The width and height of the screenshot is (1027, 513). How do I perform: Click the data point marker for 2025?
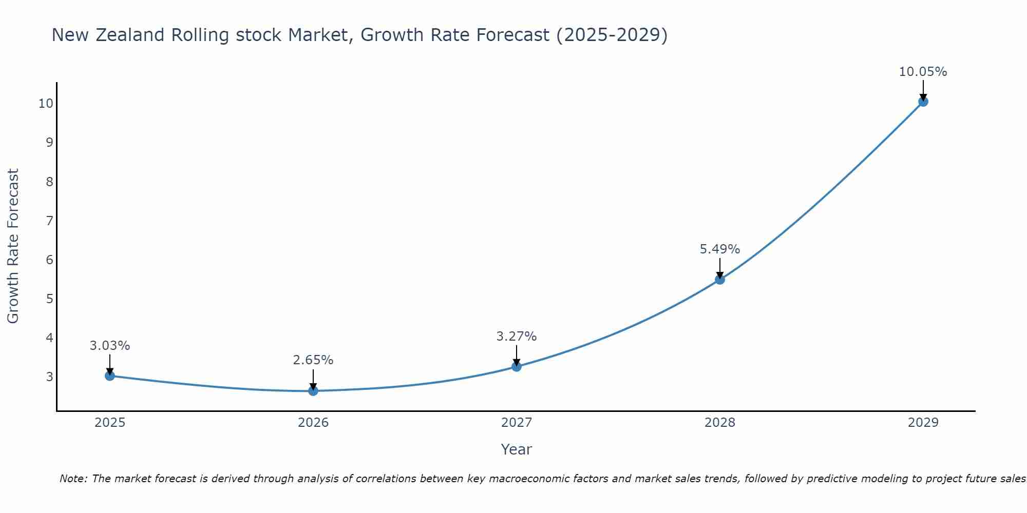click(x=110, y=376)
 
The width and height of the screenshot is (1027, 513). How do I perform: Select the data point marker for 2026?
click(x=313, y=391)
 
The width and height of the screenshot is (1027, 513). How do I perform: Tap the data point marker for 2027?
click(x=517, y=366)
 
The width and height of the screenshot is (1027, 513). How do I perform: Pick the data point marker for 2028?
click(x=720, y=280)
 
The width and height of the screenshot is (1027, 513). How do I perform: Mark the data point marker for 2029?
click(x=923, y=102)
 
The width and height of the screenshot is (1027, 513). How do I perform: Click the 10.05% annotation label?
click(x=923, y=72)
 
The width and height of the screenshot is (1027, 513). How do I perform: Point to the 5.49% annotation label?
click(x=720, y=249)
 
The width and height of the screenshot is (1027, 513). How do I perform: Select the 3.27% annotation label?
click(x=517, y=337)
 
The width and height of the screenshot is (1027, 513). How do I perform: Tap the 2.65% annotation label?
click(x=313, y=360)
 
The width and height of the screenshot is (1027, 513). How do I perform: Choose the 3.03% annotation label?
click(x=110, y=346)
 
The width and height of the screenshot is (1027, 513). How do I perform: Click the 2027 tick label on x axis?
click(x=517, y=423)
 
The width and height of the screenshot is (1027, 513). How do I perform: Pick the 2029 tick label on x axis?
click(x=923, y=423)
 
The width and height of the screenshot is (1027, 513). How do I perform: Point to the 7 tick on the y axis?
click(x=50, y=221)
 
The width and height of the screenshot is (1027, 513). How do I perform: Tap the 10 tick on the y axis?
click(x=46, y=104)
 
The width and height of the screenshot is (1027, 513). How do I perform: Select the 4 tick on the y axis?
click(x=50, y=338)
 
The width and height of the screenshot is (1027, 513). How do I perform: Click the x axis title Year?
click(x=517, y=449)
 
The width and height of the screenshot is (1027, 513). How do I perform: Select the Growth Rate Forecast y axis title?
click(x=13, y=246)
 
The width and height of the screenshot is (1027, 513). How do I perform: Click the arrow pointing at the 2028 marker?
click(x=720, y=268)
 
